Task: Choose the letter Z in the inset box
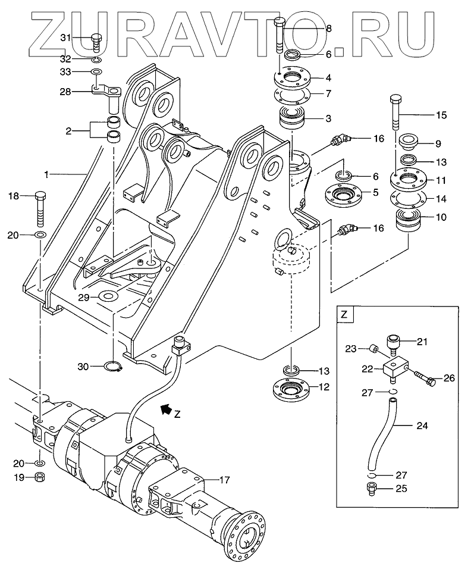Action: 344,314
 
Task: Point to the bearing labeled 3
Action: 293,116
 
